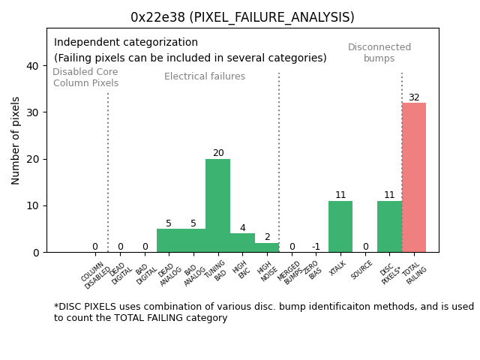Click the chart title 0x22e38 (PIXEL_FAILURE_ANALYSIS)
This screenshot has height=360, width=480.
click(242, 17)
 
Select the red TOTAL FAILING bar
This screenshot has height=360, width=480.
click(414, 178)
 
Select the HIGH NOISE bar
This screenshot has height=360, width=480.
click(267, 247)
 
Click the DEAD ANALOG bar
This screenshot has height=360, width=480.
click(169, 241)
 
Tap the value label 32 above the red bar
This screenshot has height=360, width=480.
click(414, 97)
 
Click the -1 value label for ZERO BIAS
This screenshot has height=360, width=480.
click(316, 247)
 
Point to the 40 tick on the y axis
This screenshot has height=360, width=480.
click(32, 66)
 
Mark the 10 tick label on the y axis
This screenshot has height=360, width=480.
click(32, 205)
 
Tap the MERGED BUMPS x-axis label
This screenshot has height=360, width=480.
click(292, 273)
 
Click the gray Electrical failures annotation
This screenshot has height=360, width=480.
click(205, 76)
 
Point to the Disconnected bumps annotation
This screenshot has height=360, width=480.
click(379, 52)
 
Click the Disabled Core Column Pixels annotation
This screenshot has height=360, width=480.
click(85, 77)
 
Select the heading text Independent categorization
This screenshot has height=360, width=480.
click(126, 43)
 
